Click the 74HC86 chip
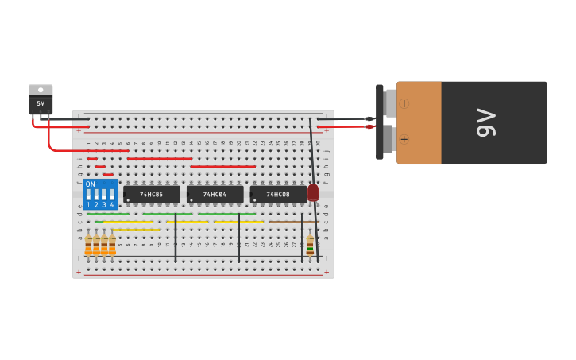coord(151,194)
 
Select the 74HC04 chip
coord(215,194)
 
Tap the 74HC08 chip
coord(278,194)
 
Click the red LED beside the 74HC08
coord(313,192)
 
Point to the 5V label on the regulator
coord(41,103)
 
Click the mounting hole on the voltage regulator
coord(41,90)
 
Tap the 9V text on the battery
coord(485,122)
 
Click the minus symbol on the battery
coord(404,103)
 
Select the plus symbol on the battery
coord(404,139)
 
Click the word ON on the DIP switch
coord(90,184)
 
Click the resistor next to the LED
coord(310,244)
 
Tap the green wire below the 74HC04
coord(226,214)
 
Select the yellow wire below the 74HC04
coord(238,222)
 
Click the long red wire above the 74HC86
coord(159,158)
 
